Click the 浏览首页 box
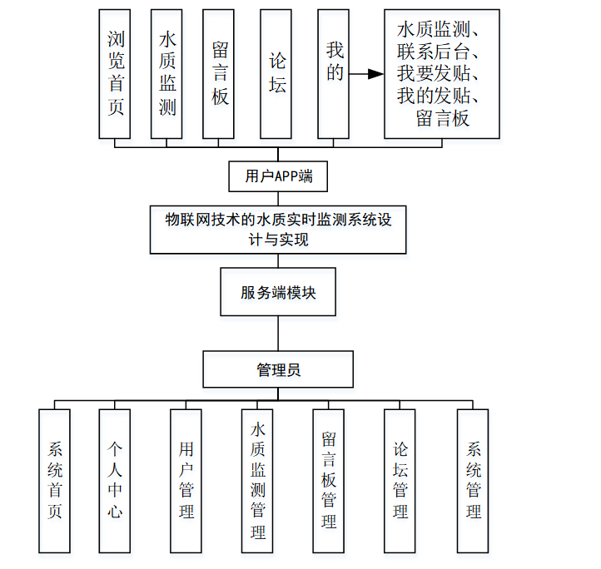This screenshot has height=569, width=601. tap(116, 73)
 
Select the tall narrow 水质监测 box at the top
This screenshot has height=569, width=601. tap(167, 73)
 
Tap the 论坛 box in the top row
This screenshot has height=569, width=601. tap(276, 73)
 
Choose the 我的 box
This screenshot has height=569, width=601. tap(334, 73)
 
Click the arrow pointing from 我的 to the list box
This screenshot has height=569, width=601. tap(366, 74)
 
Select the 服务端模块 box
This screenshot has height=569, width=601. tap(279, 292)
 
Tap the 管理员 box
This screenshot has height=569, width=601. tap(279, 369)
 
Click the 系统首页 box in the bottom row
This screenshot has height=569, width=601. tap(56, 480)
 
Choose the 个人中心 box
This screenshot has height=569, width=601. tap(115, 480)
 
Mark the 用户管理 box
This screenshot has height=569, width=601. tap(186, 480)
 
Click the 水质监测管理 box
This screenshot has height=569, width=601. tap(258, 480)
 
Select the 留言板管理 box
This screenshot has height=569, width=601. tap(329, 480)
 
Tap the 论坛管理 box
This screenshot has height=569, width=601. tap(400, 480)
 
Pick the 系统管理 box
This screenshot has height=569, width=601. tap(473, 480)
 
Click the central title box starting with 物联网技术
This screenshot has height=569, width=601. tap(279, 229)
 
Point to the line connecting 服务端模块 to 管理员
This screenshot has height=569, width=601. tap(279, 334)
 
